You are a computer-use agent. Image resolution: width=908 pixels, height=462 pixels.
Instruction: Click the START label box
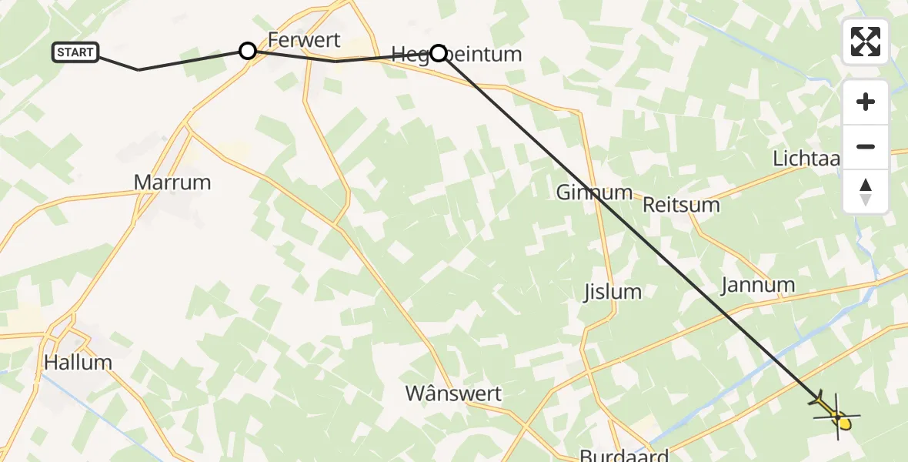coord(75,52)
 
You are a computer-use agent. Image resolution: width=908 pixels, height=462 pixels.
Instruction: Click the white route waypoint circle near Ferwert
coord(248,51)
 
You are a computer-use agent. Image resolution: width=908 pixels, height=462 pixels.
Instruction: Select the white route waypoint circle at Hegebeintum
coord(438,52)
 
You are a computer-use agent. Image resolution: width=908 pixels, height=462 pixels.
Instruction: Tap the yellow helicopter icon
coord(836,414)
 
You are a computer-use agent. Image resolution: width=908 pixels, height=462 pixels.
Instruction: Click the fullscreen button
coord(866,42)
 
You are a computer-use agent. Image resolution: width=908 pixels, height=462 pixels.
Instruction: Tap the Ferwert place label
coord(303,40)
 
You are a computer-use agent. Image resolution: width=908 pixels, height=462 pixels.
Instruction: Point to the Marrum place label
coord(172,182)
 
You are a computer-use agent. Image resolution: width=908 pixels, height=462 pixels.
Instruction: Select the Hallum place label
coord(78,362)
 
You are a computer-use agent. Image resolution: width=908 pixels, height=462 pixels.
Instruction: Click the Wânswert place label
coord(453,394)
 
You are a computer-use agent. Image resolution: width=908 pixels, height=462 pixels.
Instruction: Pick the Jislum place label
coord(612,292)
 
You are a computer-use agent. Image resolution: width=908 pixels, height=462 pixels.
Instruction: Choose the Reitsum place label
coord(681,205)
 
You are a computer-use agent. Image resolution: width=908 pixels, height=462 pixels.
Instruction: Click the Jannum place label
coord(757,286)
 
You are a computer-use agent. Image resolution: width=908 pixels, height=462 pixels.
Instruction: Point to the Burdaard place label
coord(623,454)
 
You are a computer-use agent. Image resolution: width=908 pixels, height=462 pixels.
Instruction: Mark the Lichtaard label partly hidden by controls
coord(806,159)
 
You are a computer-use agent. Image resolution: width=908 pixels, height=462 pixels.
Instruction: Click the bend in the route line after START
coord(139,70)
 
